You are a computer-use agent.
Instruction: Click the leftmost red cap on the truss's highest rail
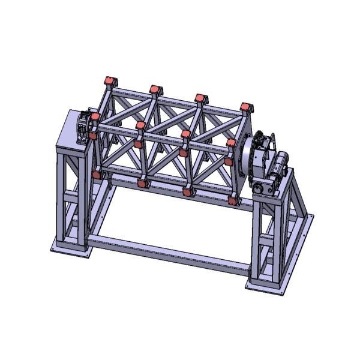109,81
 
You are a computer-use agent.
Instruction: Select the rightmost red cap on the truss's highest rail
245,107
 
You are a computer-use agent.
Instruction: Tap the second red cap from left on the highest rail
155,89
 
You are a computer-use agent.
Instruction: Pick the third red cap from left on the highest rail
200,98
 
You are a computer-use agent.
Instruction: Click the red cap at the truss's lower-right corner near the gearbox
232,199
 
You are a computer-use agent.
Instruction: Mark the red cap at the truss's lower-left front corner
96,175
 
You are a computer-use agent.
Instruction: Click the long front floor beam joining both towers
168,252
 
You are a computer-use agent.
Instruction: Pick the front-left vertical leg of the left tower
61,198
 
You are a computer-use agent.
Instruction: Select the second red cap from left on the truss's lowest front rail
142,183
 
